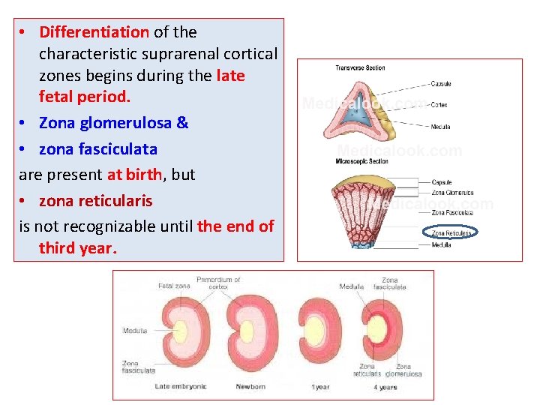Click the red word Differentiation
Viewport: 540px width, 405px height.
(x=94, y=32)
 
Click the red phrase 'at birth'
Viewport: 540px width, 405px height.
(x=134, y=175)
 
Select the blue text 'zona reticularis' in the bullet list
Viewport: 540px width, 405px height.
(x=95, y=201)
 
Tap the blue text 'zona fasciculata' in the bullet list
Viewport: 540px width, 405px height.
(x=97, y=149)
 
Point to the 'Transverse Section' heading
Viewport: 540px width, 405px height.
(x=360, y=68)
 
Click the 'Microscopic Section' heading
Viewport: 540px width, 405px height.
(x=362, y=161)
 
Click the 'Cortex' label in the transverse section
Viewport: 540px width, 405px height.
(x=439, y=105)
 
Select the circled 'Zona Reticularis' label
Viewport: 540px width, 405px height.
(x=451, y=233)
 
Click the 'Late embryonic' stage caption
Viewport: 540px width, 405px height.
(x=181, y=387)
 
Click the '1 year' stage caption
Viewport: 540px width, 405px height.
(x=320, y=387)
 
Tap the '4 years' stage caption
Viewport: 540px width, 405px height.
(x=386, y=387)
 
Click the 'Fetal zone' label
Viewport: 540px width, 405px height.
(x=174, y=286)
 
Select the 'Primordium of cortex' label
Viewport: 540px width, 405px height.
(x=218, y=283)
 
